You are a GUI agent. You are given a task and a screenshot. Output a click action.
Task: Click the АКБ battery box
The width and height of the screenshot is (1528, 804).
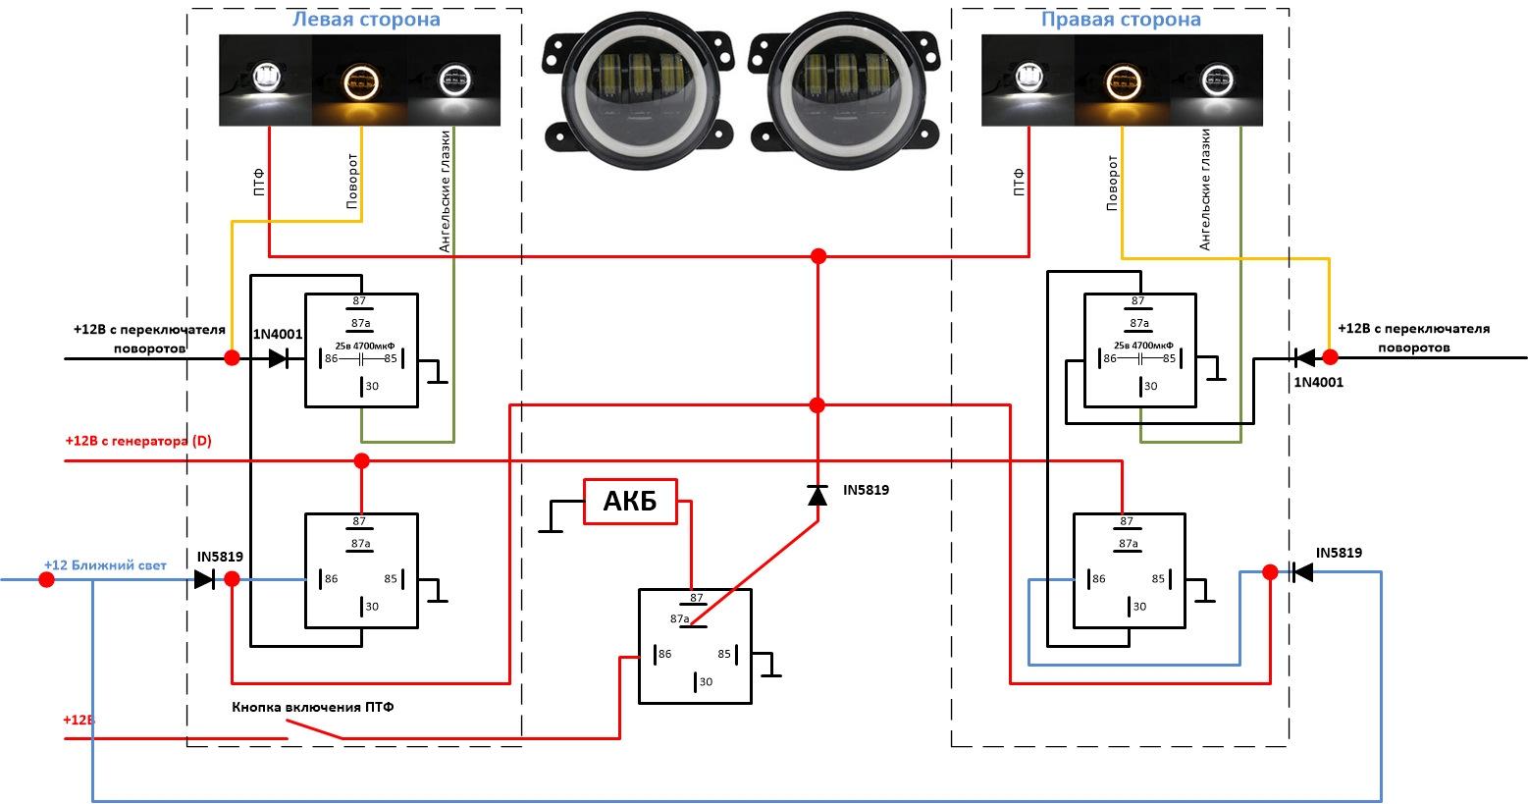click(x=630, y=502)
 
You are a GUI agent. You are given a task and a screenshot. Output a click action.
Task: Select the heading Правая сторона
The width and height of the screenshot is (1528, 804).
click(x=1120, y=20)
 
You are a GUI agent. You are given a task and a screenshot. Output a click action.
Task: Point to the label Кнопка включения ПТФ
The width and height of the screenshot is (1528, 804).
click(x=313, y=707)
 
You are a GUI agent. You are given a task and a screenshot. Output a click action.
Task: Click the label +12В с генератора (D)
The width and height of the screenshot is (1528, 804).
click(x=138, y=441)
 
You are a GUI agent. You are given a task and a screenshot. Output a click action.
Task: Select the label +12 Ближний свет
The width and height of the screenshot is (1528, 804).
click(x=105, y=565)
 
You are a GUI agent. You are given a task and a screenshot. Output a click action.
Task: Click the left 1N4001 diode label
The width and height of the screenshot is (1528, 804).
click(x=278, y=335)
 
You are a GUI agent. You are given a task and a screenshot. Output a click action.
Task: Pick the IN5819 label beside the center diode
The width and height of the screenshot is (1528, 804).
click(x=866, y=489)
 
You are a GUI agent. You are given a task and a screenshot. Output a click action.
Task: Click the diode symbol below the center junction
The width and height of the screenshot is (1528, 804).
click(x=817, y=496)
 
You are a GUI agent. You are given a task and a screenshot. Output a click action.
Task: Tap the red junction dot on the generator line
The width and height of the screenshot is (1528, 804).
click(x=361, y=460)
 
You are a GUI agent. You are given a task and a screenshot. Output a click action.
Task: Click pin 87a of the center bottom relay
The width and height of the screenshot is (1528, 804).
click(x=680, y=619)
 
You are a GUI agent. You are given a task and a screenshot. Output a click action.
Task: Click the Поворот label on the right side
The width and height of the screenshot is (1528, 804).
click(x=1113, y=183)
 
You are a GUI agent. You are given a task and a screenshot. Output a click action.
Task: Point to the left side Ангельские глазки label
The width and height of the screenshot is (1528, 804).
click(x=446, y=191)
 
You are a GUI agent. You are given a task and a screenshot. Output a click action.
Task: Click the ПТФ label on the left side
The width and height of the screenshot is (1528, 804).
click(x=259, y=183)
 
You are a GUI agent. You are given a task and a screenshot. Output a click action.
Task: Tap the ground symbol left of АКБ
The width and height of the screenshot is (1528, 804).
click(x=551, y=530)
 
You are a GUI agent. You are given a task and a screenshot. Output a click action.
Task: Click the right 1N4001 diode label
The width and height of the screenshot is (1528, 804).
click(x=1318, y=382)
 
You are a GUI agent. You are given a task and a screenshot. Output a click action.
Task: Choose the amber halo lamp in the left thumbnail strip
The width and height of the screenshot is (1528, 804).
click(x=359, y=80)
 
